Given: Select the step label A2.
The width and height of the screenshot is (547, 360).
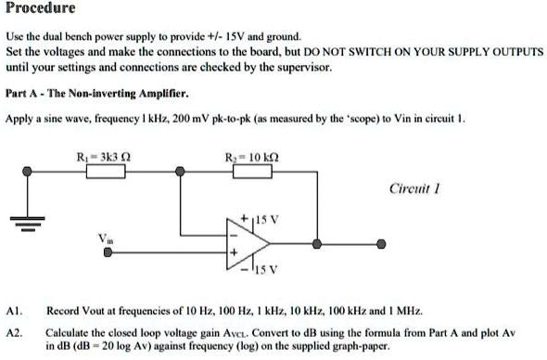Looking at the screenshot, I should click(12, 330).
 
